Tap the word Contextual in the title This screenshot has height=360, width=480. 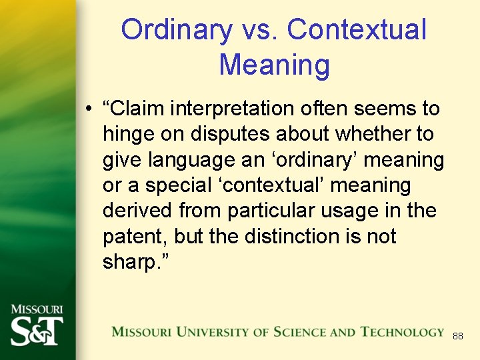coord(357,31)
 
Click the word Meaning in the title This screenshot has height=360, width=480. coord(274,65)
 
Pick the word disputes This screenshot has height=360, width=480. coord(226,135)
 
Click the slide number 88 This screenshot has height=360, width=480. coord(458,337)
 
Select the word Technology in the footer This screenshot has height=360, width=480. coord(403,332)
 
